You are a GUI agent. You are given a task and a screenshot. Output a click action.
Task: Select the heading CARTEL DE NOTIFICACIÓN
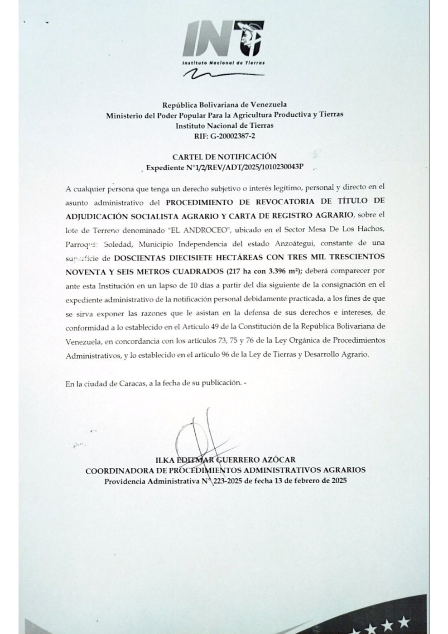pos(224,156)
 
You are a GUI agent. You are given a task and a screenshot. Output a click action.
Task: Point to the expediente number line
pos(224,168)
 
